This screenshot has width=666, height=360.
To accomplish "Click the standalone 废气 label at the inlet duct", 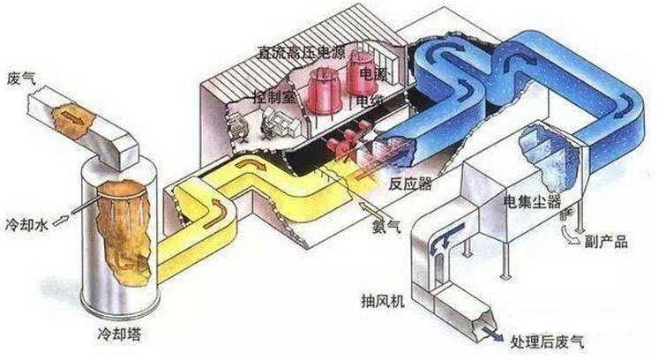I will pos(20,76).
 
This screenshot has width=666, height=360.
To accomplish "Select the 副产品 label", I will pos(609,241).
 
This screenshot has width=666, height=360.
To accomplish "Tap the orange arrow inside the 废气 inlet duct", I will pos(68,115).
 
